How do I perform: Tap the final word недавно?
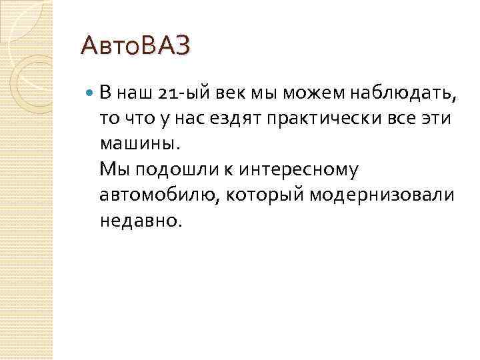click(x=139, y=220)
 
